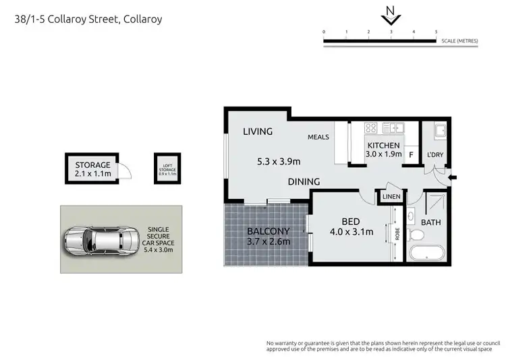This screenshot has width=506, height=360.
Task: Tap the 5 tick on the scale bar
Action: [436, 32]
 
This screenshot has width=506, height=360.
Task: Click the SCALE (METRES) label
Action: [459, 41]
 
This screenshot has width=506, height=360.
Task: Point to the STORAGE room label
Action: [92, 165]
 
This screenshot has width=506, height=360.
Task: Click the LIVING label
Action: [258, 131]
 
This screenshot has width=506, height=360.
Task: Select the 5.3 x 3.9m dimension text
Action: [279, 161]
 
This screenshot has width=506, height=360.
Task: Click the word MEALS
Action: [318, 138]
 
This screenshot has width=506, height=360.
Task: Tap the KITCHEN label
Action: [384, 146]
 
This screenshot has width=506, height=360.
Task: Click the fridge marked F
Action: [410, 154]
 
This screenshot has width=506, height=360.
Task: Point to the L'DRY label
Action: [434, 154]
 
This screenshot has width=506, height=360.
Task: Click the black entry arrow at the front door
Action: [452, 178]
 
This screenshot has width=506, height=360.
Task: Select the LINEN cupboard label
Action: [391, 196]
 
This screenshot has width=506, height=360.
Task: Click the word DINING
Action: [304, 182]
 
